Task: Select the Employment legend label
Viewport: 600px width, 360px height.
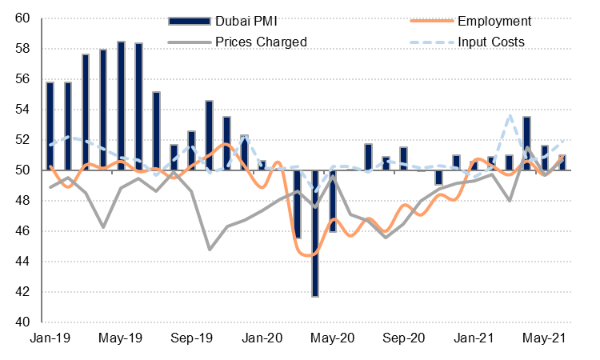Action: click(x=493, y=21)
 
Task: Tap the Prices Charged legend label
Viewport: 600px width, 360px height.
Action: click(x=260, y=41)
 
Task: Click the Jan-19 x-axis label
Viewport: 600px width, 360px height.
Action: click(x=50, y=338)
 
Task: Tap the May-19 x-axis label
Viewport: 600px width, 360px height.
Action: click(x=120, y=338)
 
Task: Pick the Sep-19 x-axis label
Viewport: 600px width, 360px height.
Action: click(x=191, y=338)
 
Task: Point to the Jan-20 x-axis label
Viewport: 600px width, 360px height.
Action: click(x=262, y=338)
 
